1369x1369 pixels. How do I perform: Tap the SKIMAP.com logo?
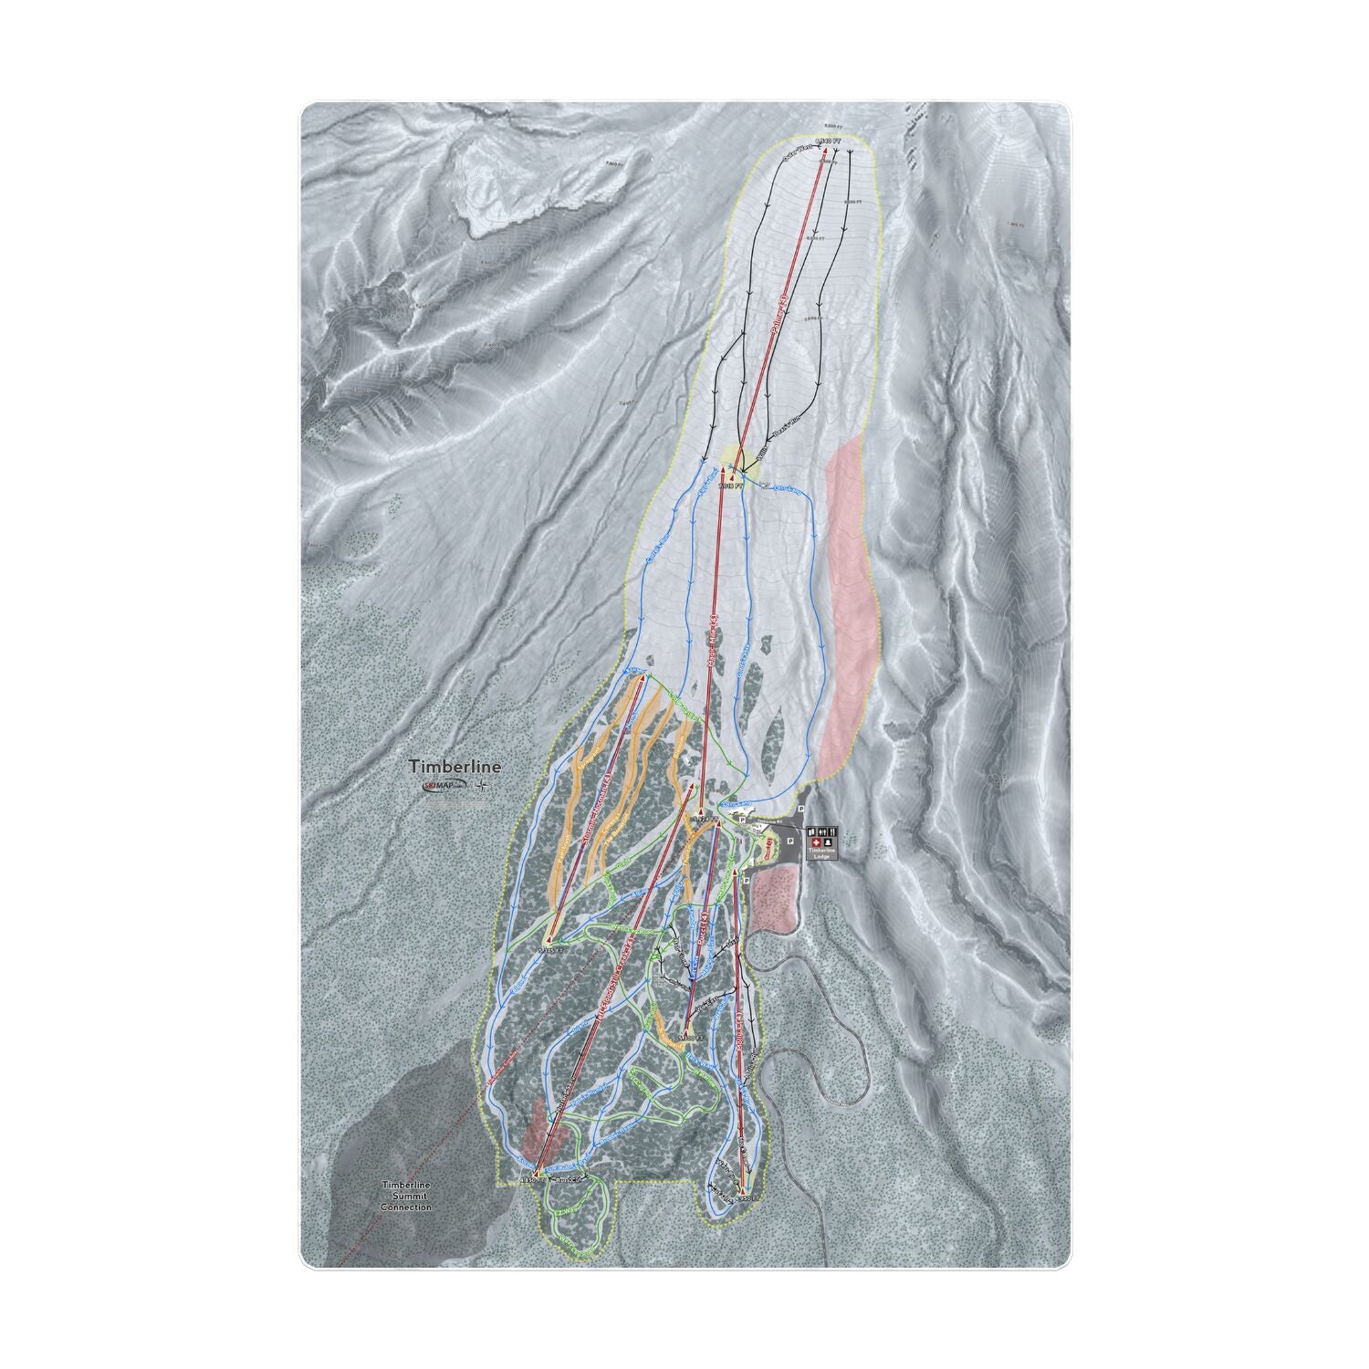tap(444, 785)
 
